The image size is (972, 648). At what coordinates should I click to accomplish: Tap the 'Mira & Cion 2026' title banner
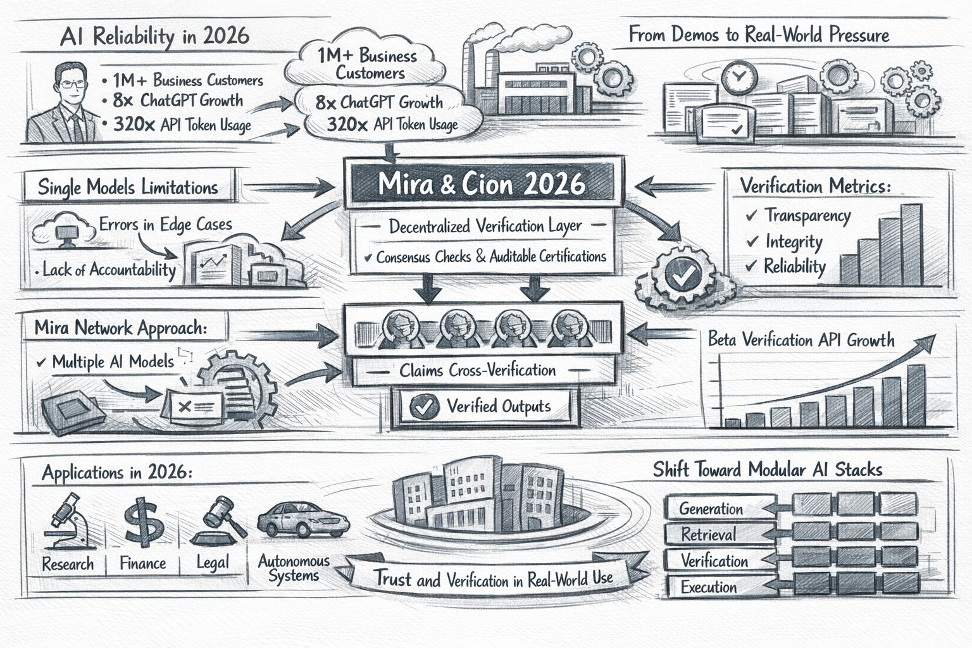pyautogui.click(x=481, y=183)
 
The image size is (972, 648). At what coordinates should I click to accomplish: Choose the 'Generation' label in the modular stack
pyautogui.click(x=711, y=509)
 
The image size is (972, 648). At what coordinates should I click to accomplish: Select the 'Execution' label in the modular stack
pyautogui.click(x=708, y=587)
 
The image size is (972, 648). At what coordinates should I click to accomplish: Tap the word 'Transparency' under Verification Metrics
pyautogui.click(x=807, y=216)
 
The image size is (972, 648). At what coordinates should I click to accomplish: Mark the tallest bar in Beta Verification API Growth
pyautogui.click(x=915, y=395)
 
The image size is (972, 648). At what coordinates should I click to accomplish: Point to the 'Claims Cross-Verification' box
pyautogui.click(x=477, y=370)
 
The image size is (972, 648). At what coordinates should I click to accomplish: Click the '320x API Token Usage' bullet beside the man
pyautogui.click(x=182, y=125)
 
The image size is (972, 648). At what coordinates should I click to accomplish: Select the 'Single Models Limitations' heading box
pyautogui.click(x=128, y=187)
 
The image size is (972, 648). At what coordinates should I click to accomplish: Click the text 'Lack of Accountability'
pyautogui.click(x=109, y=270)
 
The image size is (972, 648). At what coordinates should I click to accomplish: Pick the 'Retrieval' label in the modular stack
pyautogui.click(x=708, y=535)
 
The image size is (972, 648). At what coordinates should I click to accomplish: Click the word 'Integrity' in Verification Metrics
pyautogui.click(x=794, y=242)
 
